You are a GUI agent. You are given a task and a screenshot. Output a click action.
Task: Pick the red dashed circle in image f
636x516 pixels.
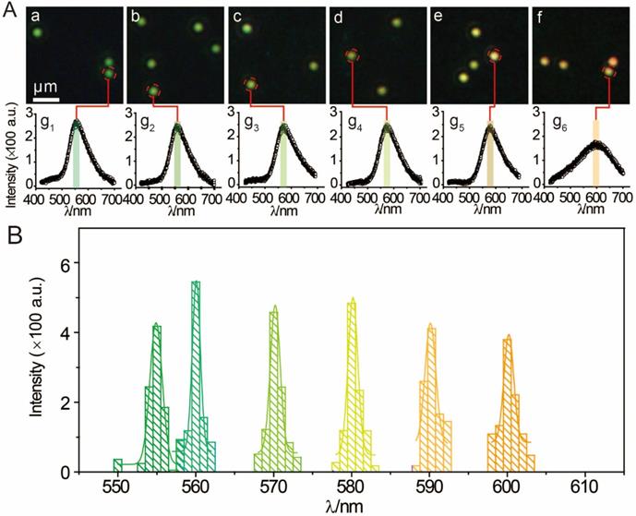609,71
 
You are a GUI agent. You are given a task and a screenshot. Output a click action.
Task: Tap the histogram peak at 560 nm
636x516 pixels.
196,283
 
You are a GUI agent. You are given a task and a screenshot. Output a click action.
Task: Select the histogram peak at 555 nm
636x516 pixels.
156,326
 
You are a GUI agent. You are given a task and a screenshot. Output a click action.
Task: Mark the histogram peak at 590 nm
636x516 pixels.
429,326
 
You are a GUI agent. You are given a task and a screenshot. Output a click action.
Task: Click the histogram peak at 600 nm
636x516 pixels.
507,340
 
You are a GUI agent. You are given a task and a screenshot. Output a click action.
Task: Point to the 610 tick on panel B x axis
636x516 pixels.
584,487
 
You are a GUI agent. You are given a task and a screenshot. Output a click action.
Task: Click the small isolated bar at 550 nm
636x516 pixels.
118,464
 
